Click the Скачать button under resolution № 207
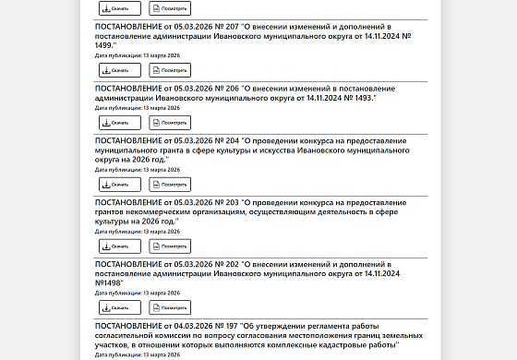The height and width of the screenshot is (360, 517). pyautogui.click(x=119, y=70)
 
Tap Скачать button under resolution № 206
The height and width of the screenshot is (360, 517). pyautogui.click(x=119, y=123)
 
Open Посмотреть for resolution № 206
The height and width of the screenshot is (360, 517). pyautogui.click(x=170, y=123)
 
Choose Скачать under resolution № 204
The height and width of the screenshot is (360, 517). pyautogui.click(x=119, y=185)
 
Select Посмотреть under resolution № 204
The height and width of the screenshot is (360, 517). pyautogui.click(x=170, y=185)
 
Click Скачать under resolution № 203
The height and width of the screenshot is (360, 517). pyautogui.click(x=119, y=246)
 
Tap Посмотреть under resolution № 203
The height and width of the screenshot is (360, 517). pyautogui.click(x=170, y=246)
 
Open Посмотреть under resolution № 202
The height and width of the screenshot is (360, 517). pyautogui.click(x=170, y=307)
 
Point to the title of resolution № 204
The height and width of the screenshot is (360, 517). pyautogui.click(x=249, y=149)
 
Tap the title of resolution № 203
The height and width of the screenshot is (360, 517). pyautogui.click(x=249, y=210)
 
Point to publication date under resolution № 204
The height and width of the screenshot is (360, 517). pyautogui.click(x=137, y=170)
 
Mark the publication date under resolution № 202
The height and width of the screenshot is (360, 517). pyautogui.click(x=137, y=293)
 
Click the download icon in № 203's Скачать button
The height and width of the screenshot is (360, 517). pyautogui.click(x=106, y=246)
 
